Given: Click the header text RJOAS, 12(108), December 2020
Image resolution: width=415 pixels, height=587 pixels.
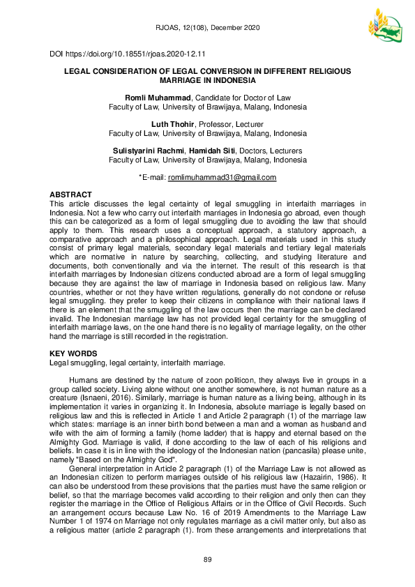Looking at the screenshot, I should point(207,27).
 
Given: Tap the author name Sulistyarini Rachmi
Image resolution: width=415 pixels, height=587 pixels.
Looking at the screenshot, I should point(145,151).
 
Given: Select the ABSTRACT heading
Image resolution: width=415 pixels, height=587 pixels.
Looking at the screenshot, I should point(70,194).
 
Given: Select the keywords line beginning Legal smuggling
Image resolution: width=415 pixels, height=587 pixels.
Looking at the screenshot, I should point(137,363).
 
